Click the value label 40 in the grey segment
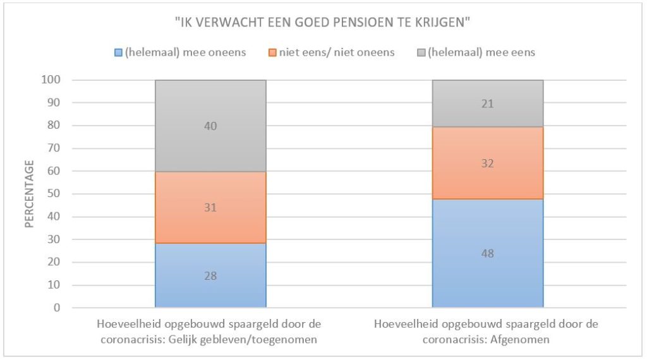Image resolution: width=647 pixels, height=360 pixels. (210, 126)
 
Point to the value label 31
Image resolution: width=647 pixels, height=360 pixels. (210, 207)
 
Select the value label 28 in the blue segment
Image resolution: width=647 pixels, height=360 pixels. (210, 276)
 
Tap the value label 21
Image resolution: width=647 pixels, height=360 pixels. (487, 104)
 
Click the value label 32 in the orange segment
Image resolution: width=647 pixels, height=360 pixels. (487, 164)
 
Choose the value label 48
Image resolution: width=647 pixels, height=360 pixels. (487, 254)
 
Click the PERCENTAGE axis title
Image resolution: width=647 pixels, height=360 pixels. (30, 193)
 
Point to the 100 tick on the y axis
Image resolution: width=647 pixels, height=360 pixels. (52, 80)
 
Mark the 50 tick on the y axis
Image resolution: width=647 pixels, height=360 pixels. (55, 194)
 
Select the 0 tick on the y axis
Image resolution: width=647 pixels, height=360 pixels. (57, 308)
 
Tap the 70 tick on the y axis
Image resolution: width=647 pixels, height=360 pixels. (55, 148)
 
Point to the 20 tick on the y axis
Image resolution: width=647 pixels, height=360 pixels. (55, 263)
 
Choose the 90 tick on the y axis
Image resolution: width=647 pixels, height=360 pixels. (55, 103)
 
